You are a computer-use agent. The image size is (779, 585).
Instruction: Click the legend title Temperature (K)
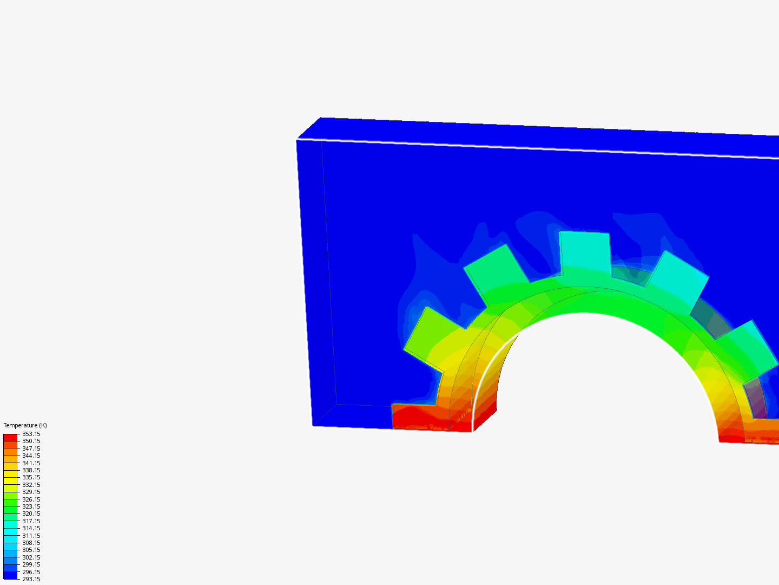point(25,425)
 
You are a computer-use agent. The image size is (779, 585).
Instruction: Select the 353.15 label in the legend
point(31,434)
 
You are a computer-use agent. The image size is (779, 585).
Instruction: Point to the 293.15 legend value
point(31,579)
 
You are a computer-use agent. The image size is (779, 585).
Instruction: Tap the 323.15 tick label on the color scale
point(31,506)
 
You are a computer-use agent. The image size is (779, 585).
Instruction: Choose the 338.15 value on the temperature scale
point(31,470)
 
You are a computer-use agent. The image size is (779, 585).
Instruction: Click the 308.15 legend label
point(31,543)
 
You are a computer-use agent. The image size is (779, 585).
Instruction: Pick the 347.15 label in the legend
point(31,448)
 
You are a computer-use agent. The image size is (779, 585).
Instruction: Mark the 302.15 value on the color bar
point(31,557)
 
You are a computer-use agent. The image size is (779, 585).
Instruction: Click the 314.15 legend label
point(31,528)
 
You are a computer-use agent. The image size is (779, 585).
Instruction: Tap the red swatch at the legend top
point(10,437)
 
